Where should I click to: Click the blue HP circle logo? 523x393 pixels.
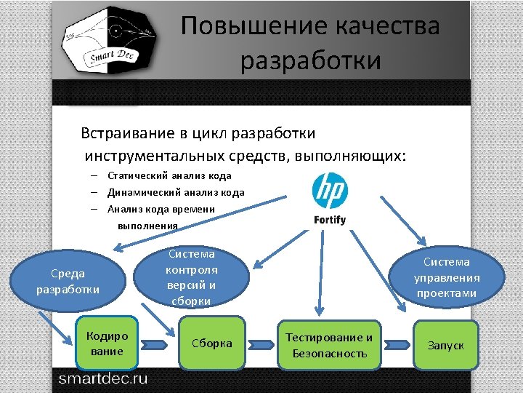[x=330, y=191]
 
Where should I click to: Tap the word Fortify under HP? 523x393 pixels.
[x=330, y=220]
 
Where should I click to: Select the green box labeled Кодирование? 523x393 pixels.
[x=107, y=344]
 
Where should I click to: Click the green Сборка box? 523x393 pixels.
[x=211, y=344]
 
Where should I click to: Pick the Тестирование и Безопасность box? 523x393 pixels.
[x=329, y=345]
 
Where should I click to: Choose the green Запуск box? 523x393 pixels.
[x=445, y=345]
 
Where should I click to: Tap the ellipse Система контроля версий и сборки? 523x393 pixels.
[x=192, y=277]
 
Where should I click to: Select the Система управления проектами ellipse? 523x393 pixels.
[x=447, y=277]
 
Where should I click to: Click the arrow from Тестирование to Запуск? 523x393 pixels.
[x=397, y=344]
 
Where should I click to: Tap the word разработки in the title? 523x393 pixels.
[x=311, y=60]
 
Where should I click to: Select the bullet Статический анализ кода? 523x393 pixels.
[x=169, y=175]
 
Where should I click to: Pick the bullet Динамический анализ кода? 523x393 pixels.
[x=176, y=193]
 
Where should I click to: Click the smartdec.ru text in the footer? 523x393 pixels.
[x=102, y=378]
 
